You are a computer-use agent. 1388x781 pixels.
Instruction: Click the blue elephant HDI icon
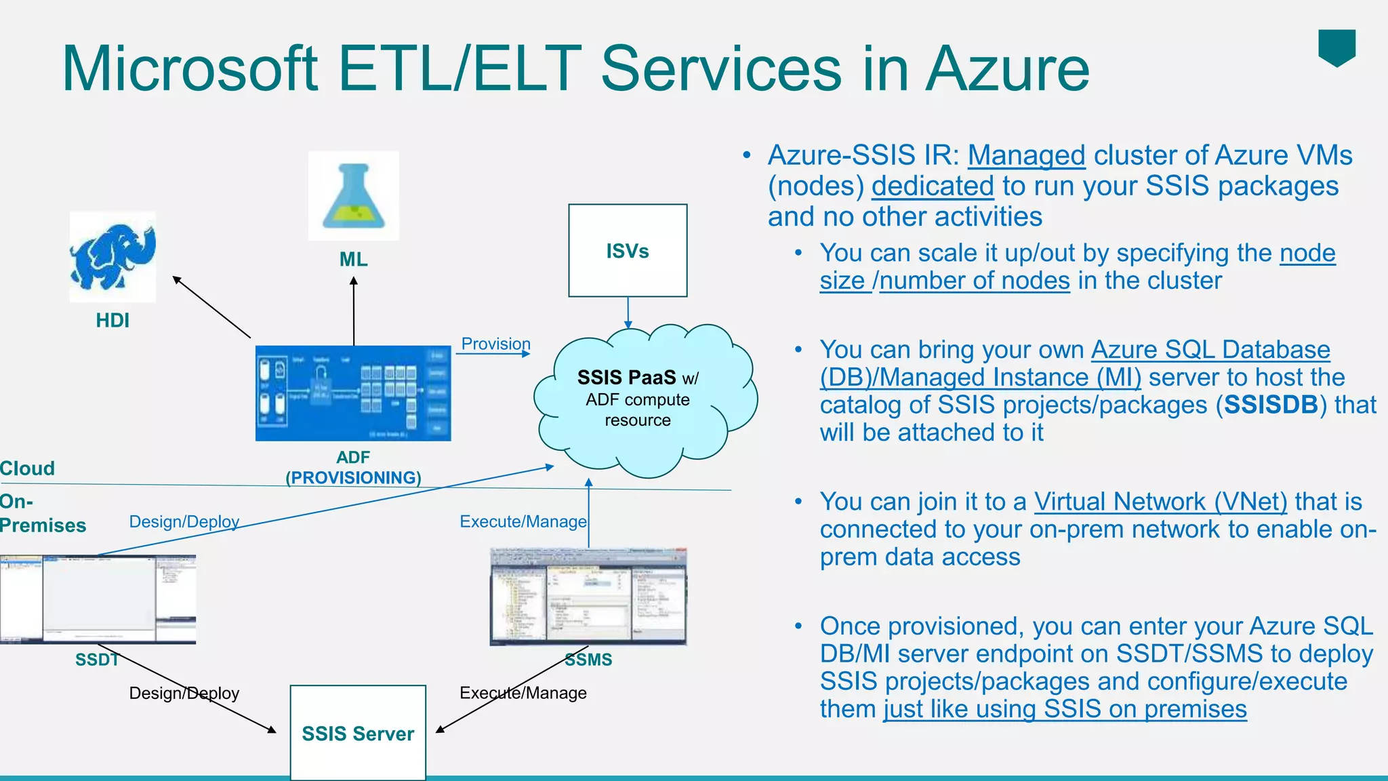click(113, 257)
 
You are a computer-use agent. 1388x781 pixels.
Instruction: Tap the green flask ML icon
click(353, 196)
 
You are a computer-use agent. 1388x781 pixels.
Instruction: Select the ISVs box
click(628, 250)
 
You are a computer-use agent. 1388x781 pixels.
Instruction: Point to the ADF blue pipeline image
click(353, 393)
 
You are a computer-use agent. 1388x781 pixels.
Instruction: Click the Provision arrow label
click(495, 344)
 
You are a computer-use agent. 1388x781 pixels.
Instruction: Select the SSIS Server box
click(358, 733)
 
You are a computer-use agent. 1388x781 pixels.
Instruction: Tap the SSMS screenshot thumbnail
click(588, 596)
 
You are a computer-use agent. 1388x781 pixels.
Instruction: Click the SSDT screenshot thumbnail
click(98, 599)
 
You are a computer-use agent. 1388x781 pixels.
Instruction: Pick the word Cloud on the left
click(27, 468)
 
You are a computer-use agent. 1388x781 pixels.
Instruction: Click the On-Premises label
click(42, 513)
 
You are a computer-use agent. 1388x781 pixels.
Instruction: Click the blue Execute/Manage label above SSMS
click(523, 521)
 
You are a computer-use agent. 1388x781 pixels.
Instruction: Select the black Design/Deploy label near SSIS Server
click(184, 693)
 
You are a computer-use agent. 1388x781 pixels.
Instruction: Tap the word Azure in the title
click(1008, 68)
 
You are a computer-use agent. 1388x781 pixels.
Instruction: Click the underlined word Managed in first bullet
click(1026, 155)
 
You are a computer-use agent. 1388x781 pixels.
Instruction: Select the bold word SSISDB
click(1271, 405)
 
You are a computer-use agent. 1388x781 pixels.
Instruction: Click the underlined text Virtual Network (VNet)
click(1160, 502)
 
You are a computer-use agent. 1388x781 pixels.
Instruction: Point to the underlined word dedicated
click(933, 186)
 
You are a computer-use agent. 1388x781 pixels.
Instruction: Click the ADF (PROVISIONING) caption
click(353, 468)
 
